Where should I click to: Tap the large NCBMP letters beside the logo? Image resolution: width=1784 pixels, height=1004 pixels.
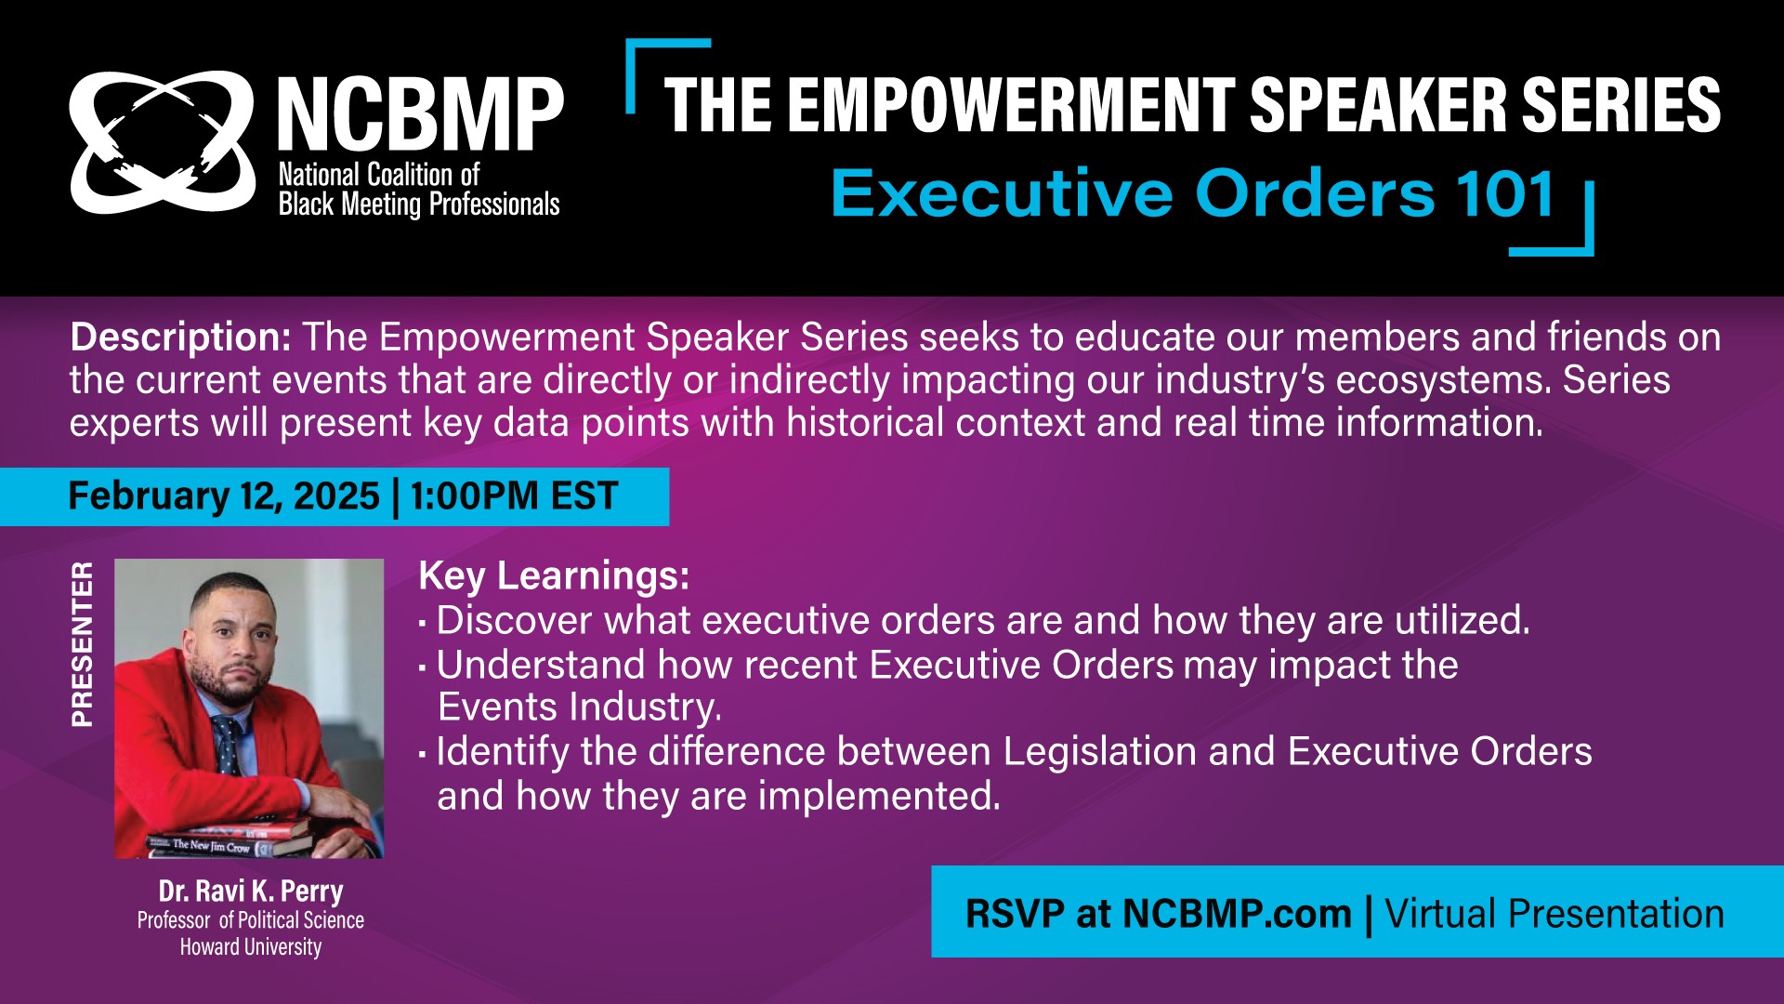pos(421,115)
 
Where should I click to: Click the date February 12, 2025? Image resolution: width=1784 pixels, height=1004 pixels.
pos(224,495)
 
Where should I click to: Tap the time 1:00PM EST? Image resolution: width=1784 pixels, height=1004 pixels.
pos(514,495)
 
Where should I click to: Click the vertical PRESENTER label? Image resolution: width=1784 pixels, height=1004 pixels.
pos(83,643)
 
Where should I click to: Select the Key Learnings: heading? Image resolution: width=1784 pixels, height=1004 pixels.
pos(554,575)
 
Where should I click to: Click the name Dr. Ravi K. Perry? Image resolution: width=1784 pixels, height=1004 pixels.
pos(251,891)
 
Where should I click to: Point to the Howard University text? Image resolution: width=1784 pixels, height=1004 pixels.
pos(251,946)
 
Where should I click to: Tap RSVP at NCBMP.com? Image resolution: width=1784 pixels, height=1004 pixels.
pos(1158,914)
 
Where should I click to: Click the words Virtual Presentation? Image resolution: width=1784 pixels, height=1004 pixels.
pos(1554,914)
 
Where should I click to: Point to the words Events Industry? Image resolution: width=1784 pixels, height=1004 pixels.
pos(579,707)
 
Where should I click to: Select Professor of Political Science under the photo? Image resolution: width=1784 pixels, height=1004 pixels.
pos(251,919)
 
